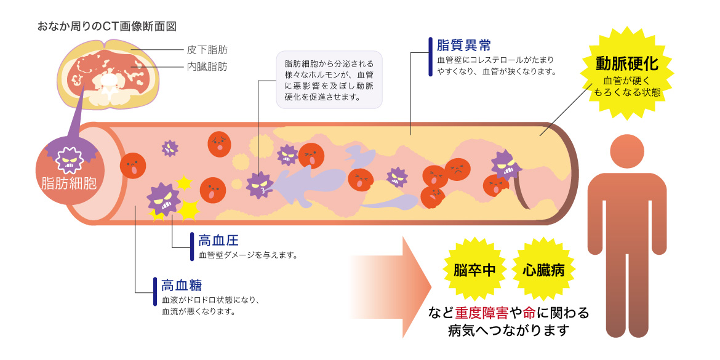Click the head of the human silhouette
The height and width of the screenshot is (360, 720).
[x=627, y=152]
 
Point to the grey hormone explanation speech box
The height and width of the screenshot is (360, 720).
[x=330, y=80]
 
